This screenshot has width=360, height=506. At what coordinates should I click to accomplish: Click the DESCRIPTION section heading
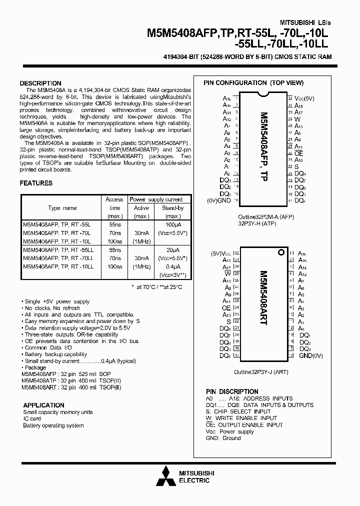coord(40,83)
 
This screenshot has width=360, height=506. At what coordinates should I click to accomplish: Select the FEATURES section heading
coord(36,183)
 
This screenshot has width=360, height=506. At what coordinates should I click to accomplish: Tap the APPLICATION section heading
coord(43,405)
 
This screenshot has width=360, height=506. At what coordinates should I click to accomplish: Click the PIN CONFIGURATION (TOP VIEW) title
coord(253,83)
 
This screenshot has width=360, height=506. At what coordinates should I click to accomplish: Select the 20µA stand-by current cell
coord(172,249)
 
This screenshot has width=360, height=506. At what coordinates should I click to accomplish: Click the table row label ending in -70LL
coord(58,258)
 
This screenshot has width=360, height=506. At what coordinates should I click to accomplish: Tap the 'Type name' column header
coord(62,208)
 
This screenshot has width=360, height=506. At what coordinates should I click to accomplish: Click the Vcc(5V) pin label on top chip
coord(305,98)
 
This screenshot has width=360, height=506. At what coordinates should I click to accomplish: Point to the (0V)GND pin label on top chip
coord(218,200)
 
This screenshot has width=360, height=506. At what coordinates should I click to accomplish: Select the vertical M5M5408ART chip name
coord(263,305)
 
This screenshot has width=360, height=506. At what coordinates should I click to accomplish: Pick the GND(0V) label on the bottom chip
coord(311,355)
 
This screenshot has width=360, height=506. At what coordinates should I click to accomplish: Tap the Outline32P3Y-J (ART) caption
coord(260,372)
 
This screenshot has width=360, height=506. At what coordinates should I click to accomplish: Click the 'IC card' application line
coord(32,419)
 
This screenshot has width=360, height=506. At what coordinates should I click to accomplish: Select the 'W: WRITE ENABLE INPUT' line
coord(241,418)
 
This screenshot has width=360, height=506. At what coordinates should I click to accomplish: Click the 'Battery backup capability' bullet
coord(54,354)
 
